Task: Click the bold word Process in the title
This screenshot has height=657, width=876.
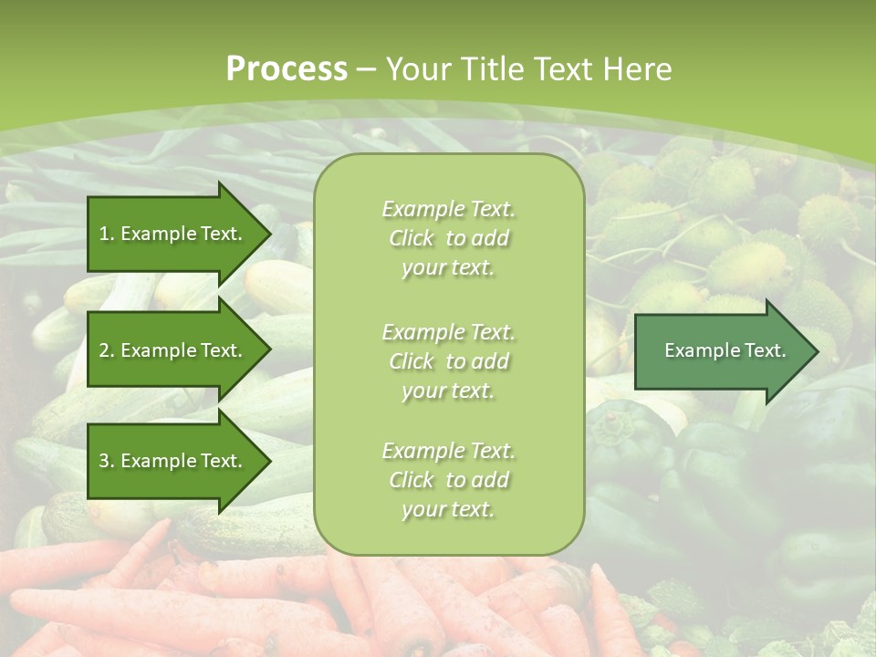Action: coord(287,69)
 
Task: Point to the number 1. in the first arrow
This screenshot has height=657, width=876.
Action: coord(106,234)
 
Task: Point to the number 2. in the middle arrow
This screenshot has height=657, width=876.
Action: coord(106,350)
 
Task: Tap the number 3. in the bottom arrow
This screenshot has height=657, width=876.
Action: coord(106,461)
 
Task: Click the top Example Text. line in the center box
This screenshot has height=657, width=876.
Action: coord(448,209)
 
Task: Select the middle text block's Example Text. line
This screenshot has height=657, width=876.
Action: coord(448,331)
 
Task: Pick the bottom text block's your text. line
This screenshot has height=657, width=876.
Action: coord(448,509)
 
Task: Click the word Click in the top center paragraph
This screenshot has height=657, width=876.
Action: coord(412,238)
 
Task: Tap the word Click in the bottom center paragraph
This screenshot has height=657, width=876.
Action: coord(412,480)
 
